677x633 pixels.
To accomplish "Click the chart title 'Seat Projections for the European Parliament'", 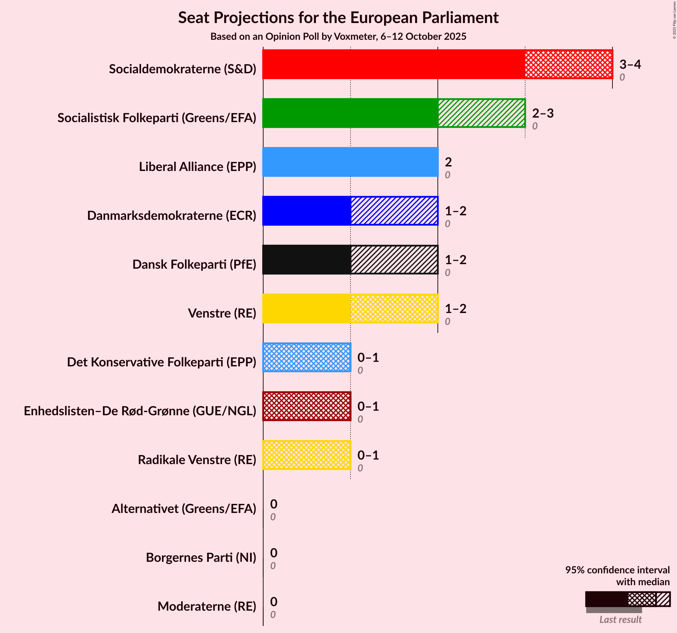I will click(338, 17).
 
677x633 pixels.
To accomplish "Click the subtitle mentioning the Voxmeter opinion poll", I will click(338, 37).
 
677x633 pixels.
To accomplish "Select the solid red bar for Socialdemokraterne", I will click(393, 64).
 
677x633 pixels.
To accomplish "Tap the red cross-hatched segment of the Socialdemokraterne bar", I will click(568, 64).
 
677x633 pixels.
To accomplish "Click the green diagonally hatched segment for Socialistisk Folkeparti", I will click(481, 113).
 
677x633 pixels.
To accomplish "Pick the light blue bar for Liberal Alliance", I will click(350, 162).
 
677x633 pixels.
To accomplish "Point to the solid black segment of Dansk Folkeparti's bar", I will click(307, 260).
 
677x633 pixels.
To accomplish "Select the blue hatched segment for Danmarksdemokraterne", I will click(394, 211).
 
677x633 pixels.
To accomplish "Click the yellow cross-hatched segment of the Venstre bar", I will click(394, 308).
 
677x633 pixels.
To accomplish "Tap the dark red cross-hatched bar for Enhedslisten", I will click(307, 406).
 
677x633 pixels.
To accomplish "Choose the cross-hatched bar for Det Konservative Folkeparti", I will click(307, 357).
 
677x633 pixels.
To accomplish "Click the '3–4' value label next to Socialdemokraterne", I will click(630, 64).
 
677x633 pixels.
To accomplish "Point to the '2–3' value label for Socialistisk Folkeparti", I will click(543, 113).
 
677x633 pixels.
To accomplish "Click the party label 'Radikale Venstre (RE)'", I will click(197, 460).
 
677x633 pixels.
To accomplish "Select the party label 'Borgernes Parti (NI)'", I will click(201, 558).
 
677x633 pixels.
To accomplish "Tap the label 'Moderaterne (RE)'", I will click(207, 606).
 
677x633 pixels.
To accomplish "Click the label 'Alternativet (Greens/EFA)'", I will click(184, 509).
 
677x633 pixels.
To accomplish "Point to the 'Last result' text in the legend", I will click(620, 619).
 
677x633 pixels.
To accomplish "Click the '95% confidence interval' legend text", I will click(617, 570).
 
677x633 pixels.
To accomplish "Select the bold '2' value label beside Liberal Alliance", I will click(448, 162).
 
